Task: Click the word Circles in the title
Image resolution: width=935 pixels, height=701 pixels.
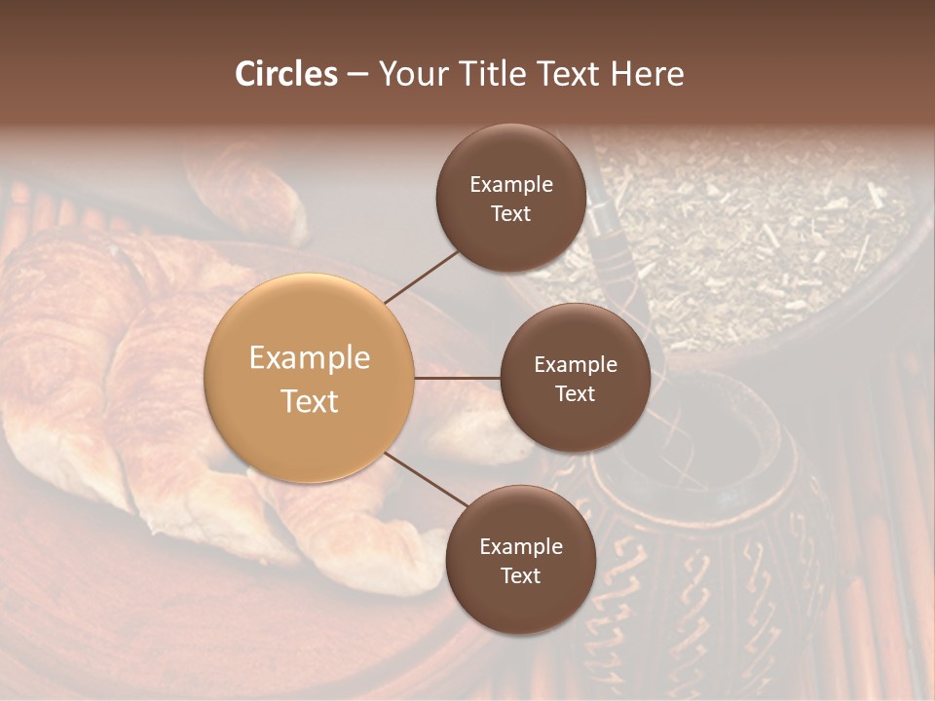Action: pos(286,74)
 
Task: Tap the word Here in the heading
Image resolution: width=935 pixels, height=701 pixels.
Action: pos(647,74)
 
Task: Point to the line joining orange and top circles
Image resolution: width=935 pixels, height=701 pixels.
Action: pos(421,276)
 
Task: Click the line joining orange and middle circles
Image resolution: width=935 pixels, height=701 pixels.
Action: pos(458,378)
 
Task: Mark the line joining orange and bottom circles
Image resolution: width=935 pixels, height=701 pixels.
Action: pos(427,479)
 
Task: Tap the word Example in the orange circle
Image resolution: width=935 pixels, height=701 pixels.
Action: pos(310,358)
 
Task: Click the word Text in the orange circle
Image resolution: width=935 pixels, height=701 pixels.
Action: pos(310,401)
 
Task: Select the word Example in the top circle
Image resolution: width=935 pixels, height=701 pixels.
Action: pos(511,185)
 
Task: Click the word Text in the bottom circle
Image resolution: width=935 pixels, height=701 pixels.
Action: pos(520,575)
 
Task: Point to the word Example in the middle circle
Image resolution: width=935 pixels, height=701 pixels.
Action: pos(576,365)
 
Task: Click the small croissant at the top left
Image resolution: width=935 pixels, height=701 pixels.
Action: pos(248,190)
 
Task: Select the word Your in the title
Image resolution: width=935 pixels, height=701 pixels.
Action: pos(409,74)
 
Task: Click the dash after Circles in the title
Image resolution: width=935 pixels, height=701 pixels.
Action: pos(357,75)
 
